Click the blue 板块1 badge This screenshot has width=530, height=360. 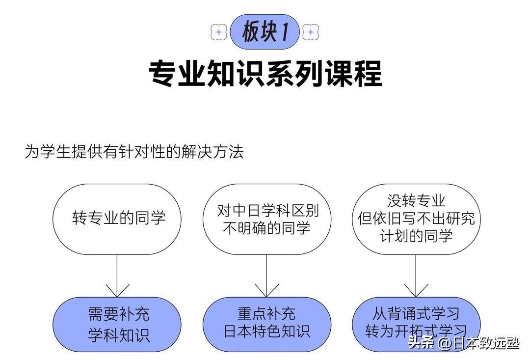265,32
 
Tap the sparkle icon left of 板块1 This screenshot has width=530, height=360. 218,32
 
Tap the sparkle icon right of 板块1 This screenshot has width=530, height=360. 311,32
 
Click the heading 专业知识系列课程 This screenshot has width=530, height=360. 265,74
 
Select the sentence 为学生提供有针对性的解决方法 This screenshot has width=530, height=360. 134,152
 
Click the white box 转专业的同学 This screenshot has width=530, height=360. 117,219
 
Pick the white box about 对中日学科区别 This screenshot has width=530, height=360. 267,219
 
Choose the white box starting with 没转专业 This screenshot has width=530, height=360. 416,219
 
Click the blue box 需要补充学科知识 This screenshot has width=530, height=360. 117,324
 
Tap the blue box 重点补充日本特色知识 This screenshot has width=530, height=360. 267,324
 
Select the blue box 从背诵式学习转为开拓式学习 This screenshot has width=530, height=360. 416,324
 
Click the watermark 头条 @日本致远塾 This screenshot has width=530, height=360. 463,343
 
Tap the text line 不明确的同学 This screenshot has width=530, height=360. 267,228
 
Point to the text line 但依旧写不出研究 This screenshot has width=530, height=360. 416,219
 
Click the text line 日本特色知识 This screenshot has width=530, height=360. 267,332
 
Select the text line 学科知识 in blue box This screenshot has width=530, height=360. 118,335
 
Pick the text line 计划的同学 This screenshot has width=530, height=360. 416,236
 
